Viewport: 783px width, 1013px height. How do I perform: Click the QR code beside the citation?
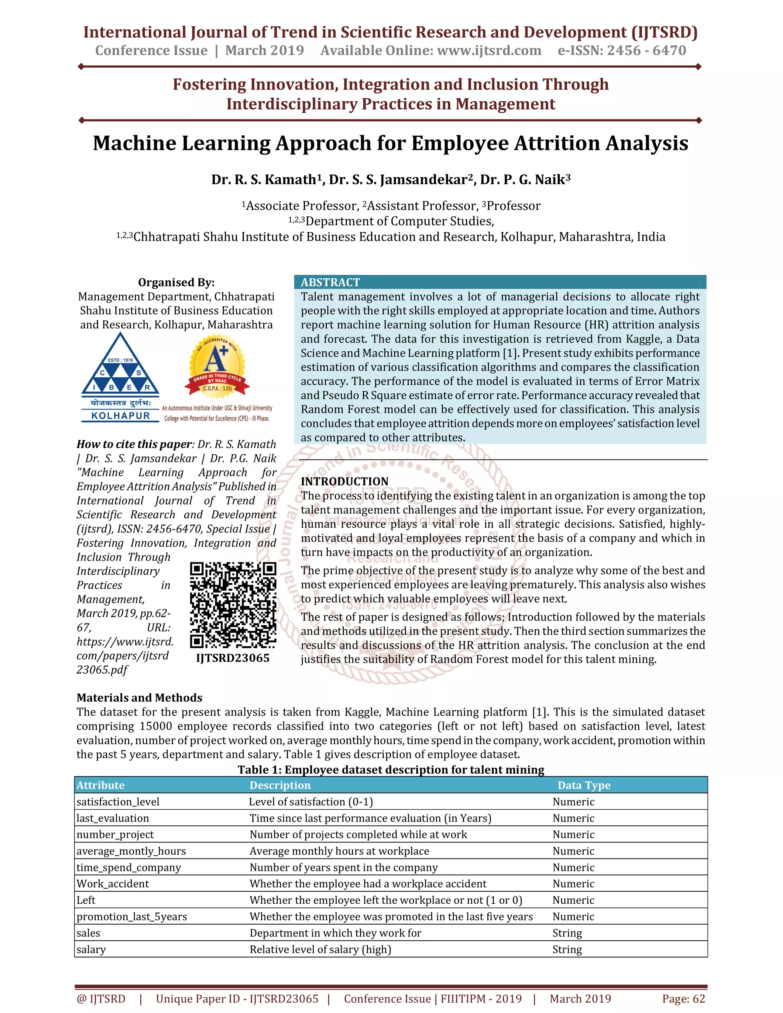coord(233,605)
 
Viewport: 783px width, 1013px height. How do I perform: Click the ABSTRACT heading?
coord(330,282)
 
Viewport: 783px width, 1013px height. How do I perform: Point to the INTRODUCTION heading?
coord(344,481)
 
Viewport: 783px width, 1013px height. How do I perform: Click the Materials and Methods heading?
coord(139,698)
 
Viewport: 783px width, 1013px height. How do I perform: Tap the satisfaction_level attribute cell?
coord(118,802)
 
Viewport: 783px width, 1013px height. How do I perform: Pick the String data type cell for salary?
coord(567,950)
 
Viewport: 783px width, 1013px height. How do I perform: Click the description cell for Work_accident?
coord(368,883)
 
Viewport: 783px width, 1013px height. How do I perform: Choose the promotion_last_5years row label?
coord(132,917)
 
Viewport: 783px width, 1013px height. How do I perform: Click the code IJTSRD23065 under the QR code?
coord(233,658)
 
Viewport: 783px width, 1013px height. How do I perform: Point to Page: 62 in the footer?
coord(683,998)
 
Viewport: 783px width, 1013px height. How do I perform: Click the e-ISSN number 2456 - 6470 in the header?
coord(646,50)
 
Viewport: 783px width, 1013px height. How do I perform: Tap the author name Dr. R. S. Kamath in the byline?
coord(264,180)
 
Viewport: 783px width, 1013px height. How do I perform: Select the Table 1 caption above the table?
coord(391,769)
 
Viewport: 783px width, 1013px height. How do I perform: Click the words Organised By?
coord(176,282)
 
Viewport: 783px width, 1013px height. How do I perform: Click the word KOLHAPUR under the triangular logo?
coord(120,416)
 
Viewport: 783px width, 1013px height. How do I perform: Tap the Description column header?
coord(280,785)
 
